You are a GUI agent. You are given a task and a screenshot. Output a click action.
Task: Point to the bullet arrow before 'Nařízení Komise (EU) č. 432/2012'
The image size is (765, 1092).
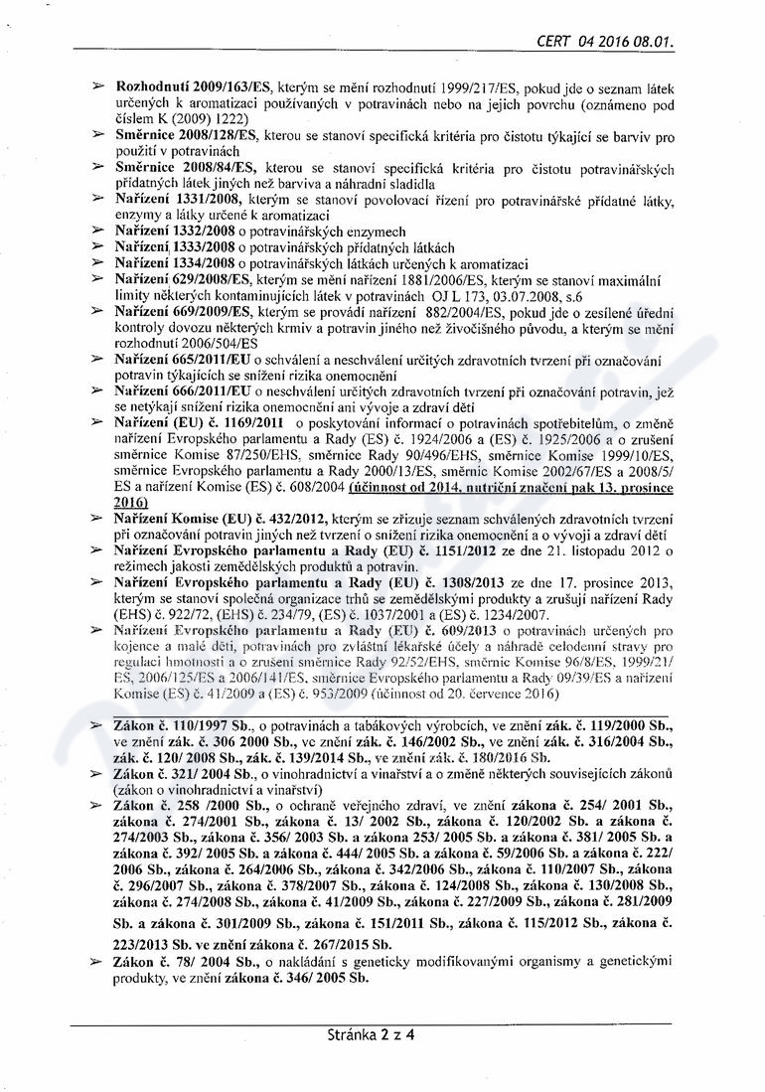(x=98, y=518)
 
